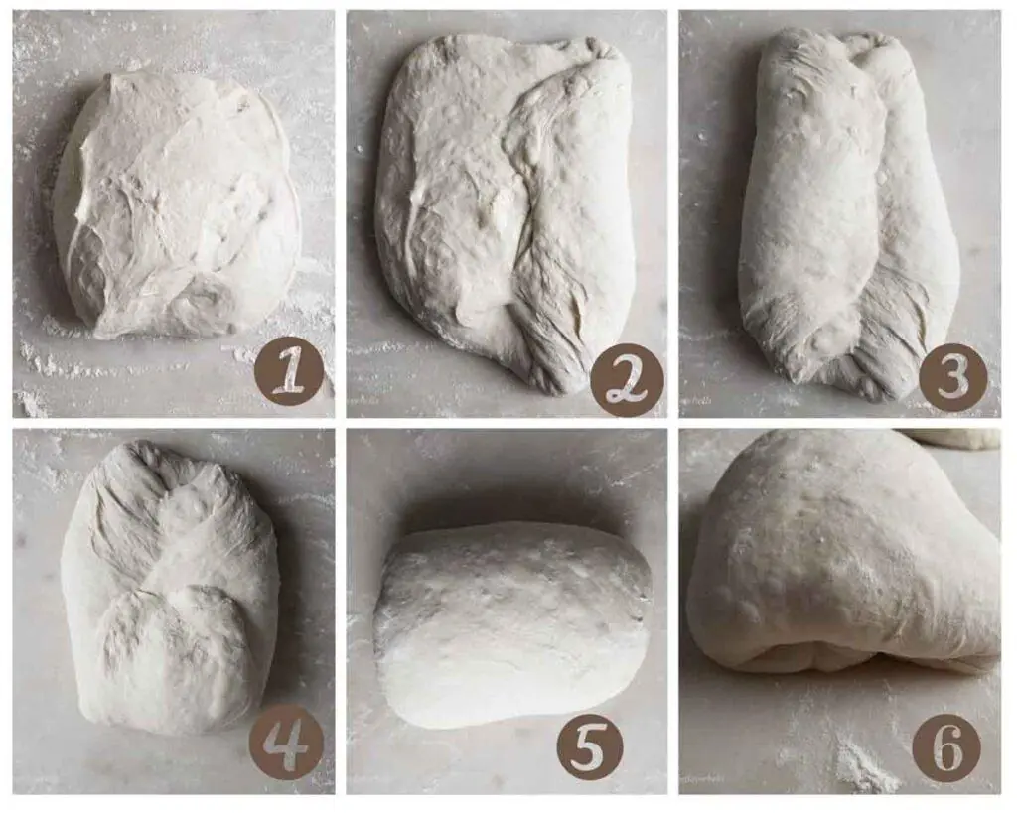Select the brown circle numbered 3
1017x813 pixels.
coord(952,377)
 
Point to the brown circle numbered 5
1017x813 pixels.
coord(589,745)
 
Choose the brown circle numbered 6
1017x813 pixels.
coord(947,748)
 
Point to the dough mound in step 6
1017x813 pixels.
coord(843,558)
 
